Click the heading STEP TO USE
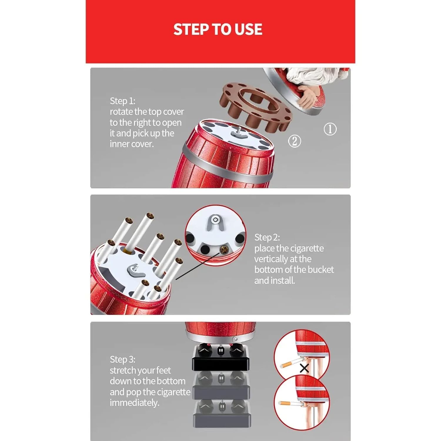point(218,29)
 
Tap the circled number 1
point(330,129)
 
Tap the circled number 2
point(294,141)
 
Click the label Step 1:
point(122,101)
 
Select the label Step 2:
point(267,237)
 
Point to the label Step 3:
point(122,359)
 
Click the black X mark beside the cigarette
point(304,368)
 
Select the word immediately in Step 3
point(134,402)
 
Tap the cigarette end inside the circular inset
point(224,250)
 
